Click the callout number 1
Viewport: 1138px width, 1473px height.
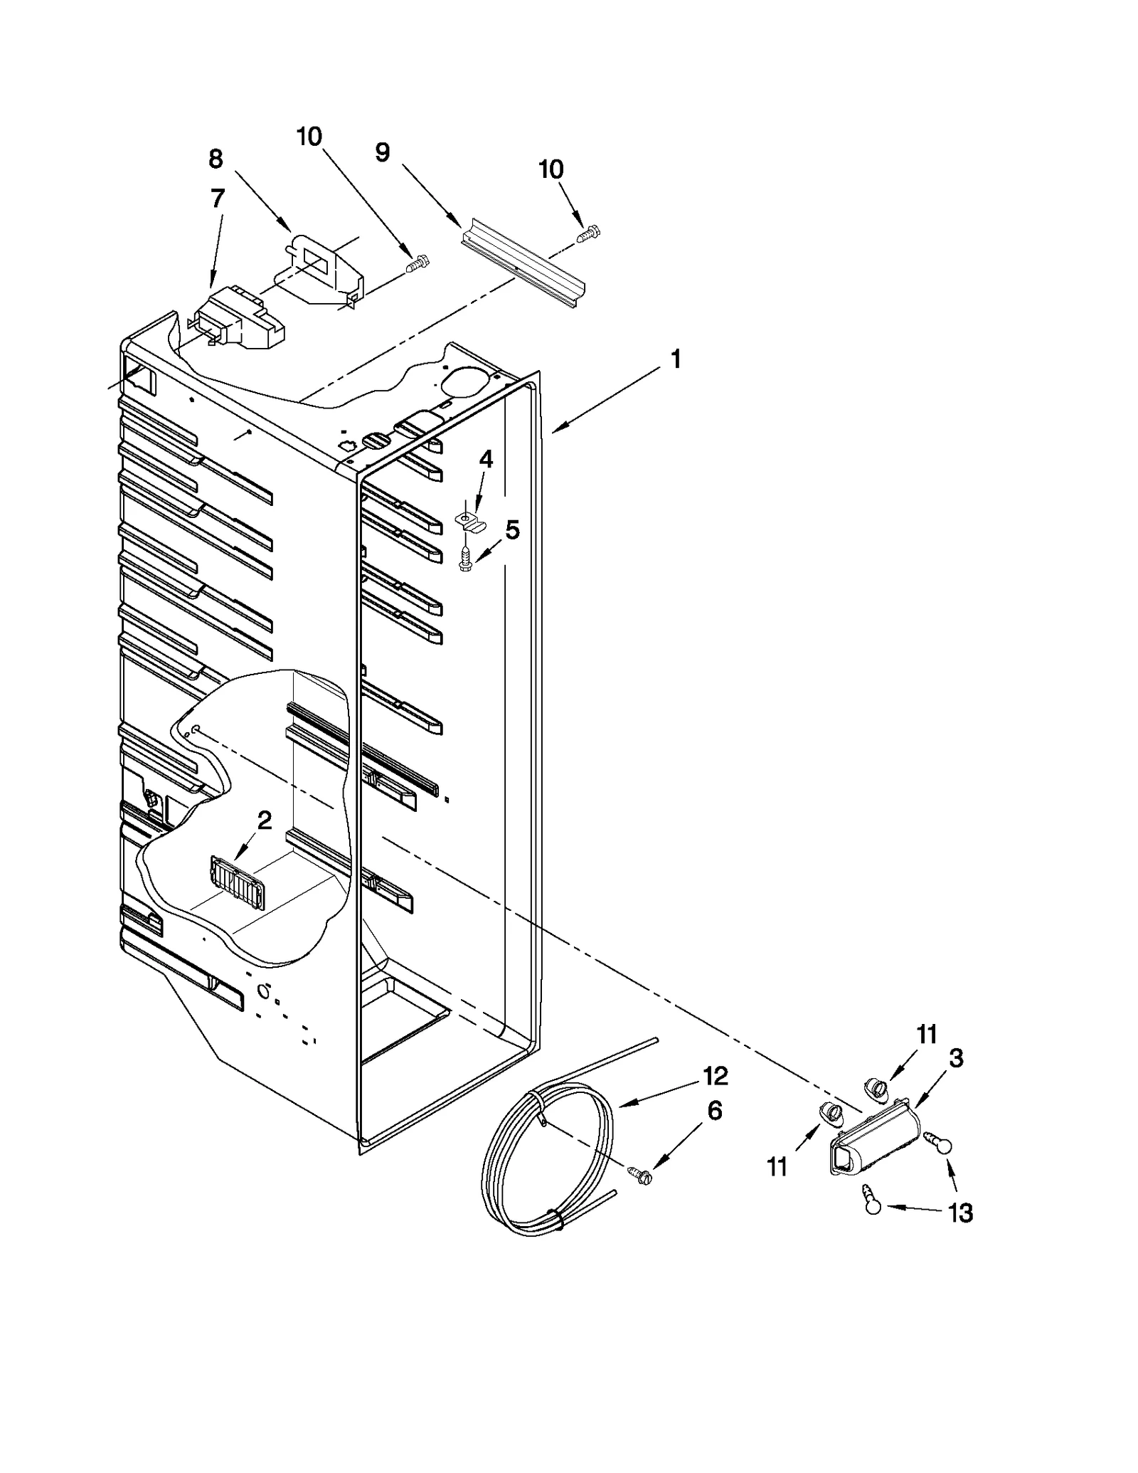(675, 359)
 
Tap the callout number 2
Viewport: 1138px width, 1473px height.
(264, 820)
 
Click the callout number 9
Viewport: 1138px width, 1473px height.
(383, 152)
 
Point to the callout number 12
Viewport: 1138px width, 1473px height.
(715, 1076)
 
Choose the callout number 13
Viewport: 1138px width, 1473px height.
(961, 1212)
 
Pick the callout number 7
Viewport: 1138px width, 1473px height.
(218, 199)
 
